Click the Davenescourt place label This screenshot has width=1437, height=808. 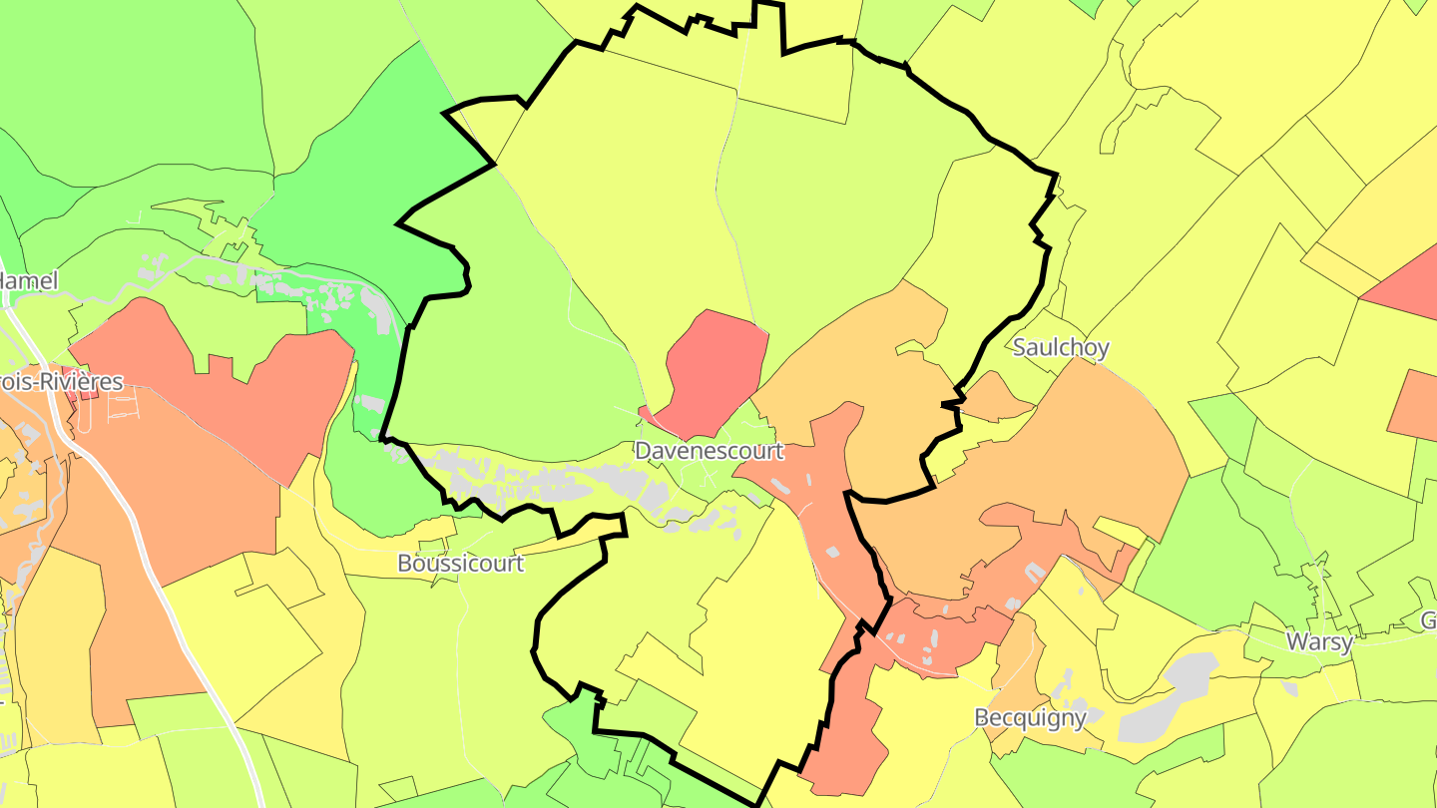click(709, 451)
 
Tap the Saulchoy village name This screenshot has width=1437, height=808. click(1060, 347)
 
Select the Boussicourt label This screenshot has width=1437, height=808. click(460, 563)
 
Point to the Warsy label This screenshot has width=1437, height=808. click(1319, 640)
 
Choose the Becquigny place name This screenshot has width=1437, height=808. click(1029, 718)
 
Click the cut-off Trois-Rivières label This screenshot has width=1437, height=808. click(60, 381)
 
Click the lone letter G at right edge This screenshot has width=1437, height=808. click(1429, 620)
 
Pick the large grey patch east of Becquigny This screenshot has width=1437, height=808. click(1168, 698)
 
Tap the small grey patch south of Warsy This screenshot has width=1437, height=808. click(1289, 688)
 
